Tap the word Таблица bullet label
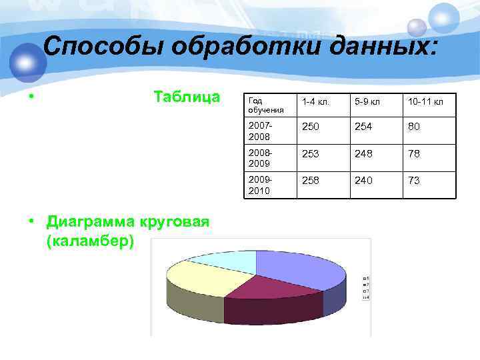pos(187,97)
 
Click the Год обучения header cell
pos(267,105)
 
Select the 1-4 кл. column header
pos(315,102)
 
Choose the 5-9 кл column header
pos(367,102)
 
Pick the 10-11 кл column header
pos(425,102)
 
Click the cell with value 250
pos(311,126)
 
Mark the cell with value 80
pos(414,126)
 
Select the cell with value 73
pos(414,181)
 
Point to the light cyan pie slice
pos(223,261)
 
